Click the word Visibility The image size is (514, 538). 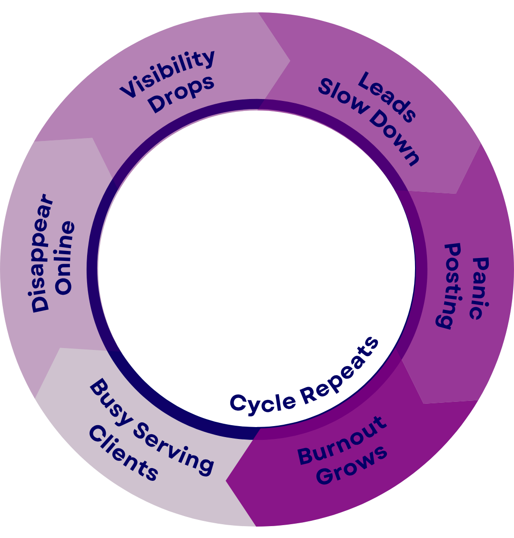(168, 73)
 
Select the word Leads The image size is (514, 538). (387, 97)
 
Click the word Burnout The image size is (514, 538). (342, 440)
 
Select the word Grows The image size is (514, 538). (351, 465)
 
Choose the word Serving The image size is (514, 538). (174, 448)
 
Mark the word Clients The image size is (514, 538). (123, 453)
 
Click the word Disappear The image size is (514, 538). (42, 253)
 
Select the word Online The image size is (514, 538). (64, 258)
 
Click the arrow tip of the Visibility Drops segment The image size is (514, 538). (290, 61)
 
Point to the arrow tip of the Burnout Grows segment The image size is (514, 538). (226, 481)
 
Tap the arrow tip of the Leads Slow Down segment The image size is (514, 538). (456, 194)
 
